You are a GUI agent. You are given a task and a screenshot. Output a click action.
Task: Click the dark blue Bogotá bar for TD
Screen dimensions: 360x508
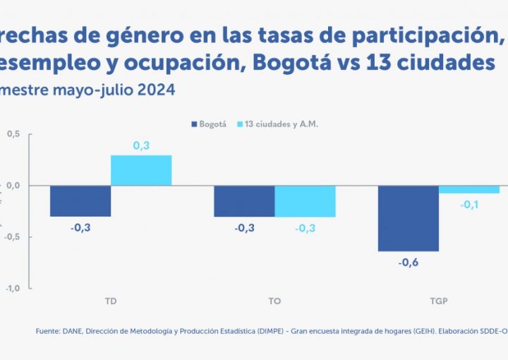pyautogui.click(x=80, y=201)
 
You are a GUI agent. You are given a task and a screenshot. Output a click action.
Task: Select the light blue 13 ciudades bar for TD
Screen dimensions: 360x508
pyautogui.click(x=141, y=170)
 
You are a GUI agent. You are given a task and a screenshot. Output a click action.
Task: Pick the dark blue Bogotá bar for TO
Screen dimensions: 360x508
pyautogui.click(x=244, y=201)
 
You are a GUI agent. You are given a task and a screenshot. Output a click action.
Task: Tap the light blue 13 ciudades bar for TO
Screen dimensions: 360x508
pyautogui.click(x=305, y=201)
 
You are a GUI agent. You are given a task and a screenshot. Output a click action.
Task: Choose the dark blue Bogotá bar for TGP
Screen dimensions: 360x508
pyautogui.click(x=409, y=218)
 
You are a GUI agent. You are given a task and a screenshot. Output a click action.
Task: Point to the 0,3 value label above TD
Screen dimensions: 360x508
pyautogui.click(x=141, y=146)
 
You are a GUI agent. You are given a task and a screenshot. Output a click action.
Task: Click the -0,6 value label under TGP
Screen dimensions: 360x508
pyautogui.click(x=409, y=262)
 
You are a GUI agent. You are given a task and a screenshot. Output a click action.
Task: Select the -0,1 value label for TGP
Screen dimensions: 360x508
pyautogui.click(x=468, y=205)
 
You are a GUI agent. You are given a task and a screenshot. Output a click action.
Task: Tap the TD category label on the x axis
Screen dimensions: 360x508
pyautogui.click(x=110, y=301)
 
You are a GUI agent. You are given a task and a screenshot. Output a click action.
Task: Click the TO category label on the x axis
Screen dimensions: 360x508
pyautogui.click(x=274, y=301)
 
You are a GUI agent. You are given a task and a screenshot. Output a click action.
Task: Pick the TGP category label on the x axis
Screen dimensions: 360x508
pyautogui.click(x=438, y=301)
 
